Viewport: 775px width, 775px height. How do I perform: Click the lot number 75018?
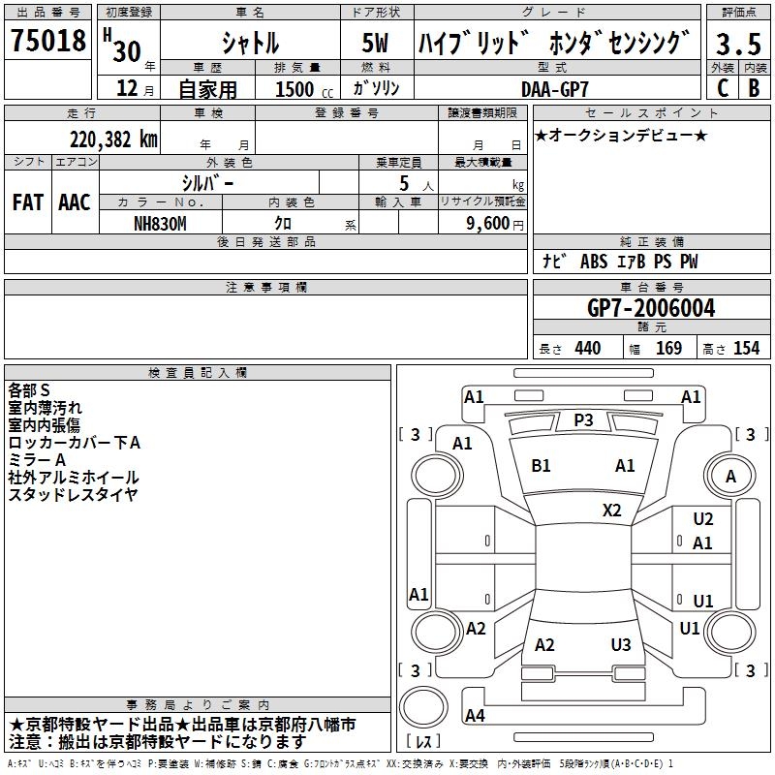point(46,42)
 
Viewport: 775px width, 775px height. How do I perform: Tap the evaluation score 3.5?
point(738,44)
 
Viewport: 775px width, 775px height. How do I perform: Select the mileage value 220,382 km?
point(112,139)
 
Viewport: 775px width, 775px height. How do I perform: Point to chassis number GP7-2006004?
point(651,309)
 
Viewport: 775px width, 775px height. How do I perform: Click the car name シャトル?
point(251,44)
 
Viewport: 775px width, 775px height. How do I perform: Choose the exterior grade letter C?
point(722,88)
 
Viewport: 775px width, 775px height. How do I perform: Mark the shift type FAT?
point(27,202)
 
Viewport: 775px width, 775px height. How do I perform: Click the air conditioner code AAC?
point(75,202)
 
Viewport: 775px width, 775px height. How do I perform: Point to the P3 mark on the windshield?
point(583,419)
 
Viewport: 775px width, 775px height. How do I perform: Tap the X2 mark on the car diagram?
point(612,511)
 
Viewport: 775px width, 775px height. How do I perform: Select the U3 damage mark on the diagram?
point(621,645)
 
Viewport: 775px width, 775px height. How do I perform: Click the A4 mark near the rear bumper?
point(475,716)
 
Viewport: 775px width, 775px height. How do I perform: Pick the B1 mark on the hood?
point(541,466)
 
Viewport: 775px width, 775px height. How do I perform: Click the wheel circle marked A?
point(730,477)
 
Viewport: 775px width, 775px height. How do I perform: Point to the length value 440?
point(587,348)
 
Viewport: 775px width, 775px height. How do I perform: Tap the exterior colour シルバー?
point(208,182)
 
